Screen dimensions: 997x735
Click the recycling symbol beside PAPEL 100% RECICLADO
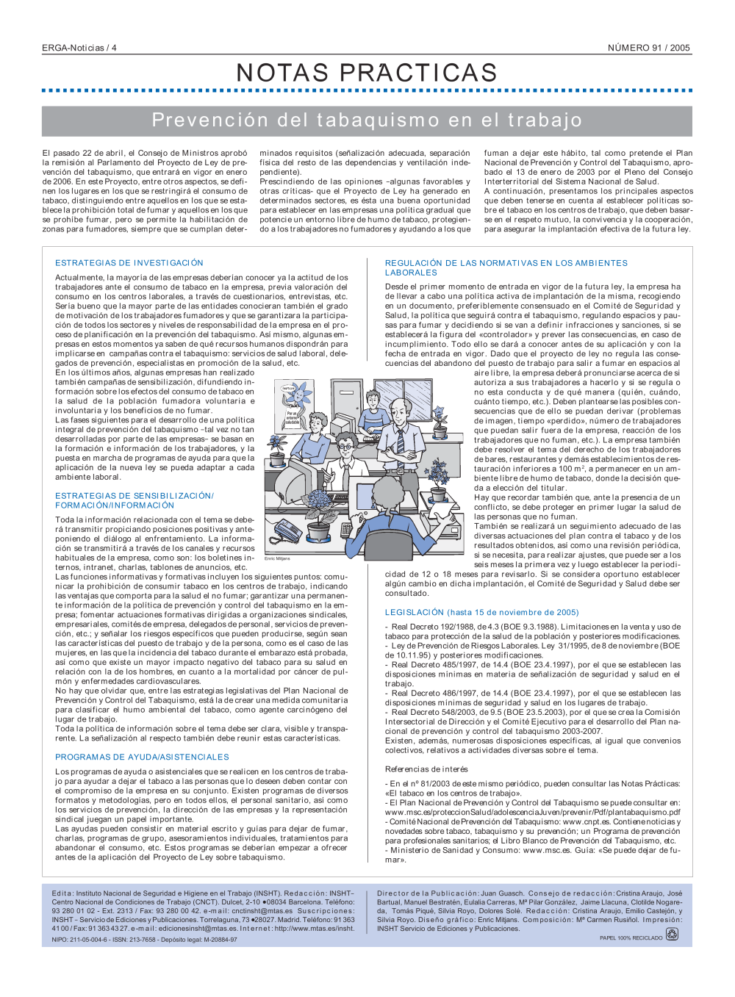[x=672, y=935]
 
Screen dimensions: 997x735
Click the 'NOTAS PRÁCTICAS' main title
[x=367, y=73]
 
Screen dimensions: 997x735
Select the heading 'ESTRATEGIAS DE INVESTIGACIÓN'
[x=129, y=263]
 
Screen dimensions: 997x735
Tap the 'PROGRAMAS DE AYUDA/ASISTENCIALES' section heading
[x=142, y=757]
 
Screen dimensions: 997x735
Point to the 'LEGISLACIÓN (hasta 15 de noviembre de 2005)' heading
[x=481, y=612]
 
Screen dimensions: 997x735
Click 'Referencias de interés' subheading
[x=426, y=769]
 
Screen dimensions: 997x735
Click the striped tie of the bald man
[x=400, y=440]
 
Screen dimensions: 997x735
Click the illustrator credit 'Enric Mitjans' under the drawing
[x=277, y=559]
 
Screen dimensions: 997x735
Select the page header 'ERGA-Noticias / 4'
[x=79, y=48]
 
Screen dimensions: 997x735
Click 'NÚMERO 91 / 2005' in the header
[x=648, y=48]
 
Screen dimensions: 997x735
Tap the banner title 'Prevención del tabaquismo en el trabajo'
[x=367, y=120]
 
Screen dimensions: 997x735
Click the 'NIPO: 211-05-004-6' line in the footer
[x=144, y=939]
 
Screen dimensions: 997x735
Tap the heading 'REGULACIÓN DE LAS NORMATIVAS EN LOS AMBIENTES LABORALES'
[x=506, y=267]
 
